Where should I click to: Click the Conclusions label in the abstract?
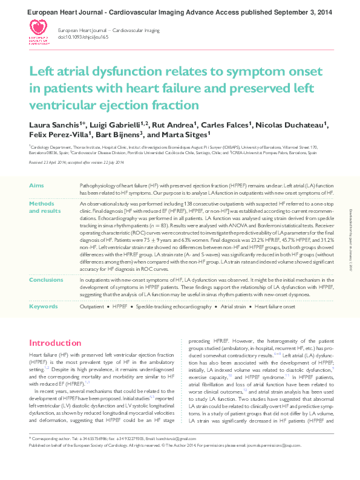click(46, 280)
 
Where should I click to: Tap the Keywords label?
click(44, 307)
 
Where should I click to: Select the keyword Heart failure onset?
click(275, 307)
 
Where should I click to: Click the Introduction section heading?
click(56, 343)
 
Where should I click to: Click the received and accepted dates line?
click(76, 162)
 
